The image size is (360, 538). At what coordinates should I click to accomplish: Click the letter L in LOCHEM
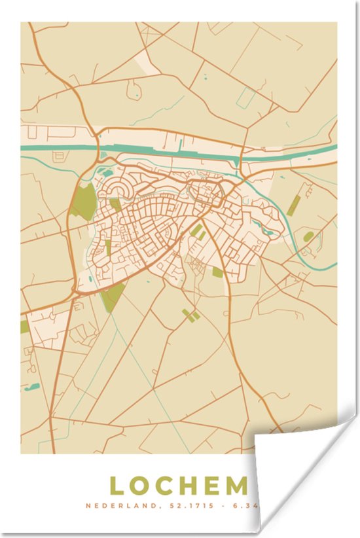[118, 486]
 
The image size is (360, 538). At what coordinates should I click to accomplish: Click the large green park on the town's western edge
[84, 202]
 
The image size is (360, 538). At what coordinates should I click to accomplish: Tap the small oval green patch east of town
[308, 236]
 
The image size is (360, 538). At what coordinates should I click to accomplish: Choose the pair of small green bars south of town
[190, 315]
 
